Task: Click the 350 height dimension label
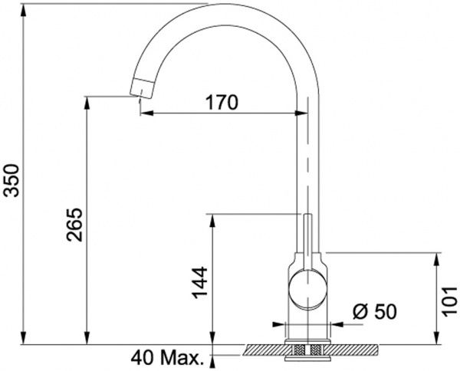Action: click(x=12, y=180)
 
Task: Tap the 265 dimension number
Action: click(x=74, y=225)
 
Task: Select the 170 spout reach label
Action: click(x=222, y=103)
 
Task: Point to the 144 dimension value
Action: click(x=200, y=282)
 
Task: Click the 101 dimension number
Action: click(x=449, y=301)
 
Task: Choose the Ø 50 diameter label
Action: click(x=375, y=311)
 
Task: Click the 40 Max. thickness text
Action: click(x=167, y=358)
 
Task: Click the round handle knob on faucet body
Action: click(x=307, y=289)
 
